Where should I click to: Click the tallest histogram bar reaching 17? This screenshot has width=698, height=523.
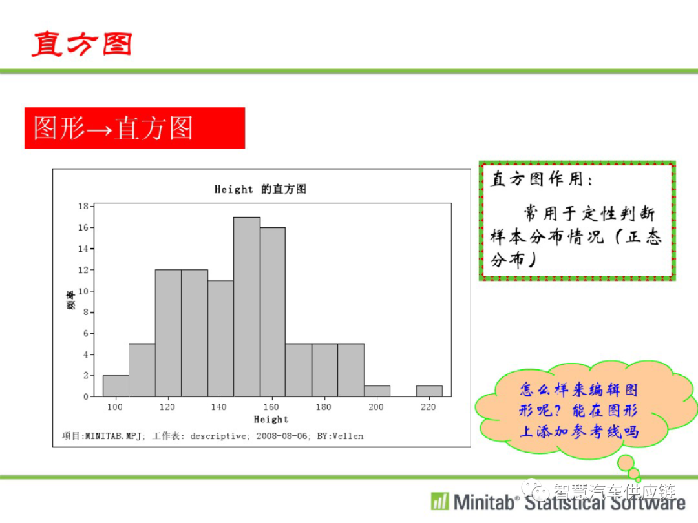pos(247,307)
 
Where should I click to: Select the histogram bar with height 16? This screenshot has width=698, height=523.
pos(273,313)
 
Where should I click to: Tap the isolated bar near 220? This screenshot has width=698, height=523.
pos(429,391)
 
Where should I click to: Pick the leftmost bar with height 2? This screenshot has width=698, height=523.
pos(116,386)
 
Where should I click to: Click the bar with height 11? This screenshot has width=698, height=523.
pos(220,338)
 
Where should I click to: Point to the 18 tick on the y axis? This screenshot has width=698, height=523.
pos(83,207)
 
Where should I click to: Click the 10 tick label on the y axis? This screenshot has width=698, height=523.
pos(83,291)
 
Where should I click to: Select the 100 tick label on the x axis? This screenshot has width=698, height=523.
pos(115,407)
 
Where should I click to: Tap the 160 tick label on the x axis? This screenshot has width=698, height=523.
pos(271,407)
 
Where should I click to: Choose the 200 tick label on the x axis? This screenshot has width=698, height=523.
pos(375,407)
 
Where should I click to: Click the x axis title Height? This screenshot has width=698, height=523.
pos(271,420)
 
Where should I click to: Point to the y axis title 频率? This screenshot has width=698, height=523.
pos(70,300)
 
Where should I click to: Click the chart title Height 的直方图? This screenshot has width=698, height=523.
pos(260,189)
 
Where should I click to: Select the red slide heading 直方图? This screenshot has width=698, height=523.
pos(82,44)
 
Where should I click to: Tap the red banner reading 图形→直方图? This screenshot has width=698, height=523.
pos(134,128)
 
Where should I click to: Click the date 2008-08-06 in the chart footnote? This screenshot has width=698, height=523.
pos(281,436)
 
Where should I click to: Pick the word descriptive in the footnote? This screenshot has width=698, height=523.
pos(218,436)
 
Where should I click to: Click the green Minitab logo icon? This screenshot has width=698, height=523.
pos(440,501)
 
